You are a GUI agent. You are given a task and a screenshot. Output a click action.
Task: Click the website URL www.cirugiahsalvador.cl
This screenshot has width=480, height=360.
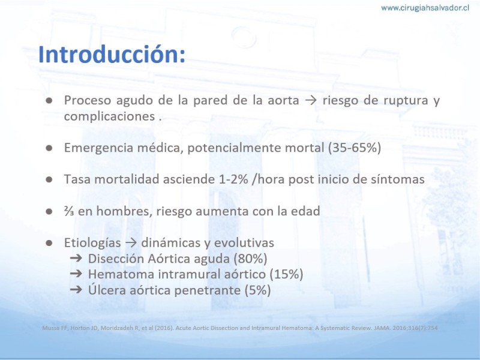425,8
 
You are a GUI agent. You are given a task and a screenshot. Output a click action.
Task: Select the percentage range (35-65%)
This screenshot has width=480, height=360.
355,148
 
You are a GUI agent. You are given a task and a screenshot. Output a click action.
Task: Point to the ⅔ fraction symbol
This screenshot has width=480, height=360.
69,211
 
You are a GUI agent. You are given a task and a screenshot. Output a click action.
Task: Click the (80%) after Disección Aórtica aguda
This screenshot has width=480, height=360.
250,259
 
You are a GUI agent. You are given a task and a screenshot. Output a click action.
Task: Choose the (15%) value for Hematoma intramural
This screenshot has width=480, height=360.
286,274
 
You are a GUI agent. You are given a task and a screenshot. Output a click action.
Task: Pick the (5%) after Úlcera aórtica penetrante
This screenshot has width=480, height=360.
258,290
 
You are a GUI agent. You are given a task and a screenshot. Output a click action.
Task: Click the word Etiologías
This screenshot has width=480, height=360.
92,243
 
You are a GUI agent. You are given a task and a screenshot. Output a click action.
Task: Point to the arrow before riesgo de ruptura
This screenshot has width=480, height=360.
311,101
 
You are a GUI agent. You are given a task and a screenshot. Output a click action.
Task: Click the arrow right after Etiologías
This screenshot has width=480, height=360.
131,243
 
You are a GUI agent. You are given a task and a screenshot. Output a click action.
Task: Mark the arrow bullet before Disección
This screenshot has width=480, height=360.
76,258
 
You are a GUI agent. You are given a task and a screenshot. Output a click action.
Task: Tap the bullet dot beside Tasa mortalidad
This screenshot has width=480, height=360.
49,179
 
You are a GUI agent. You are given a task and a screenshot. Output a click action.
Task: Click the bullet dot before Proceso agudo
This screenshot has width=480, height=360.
49,100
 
